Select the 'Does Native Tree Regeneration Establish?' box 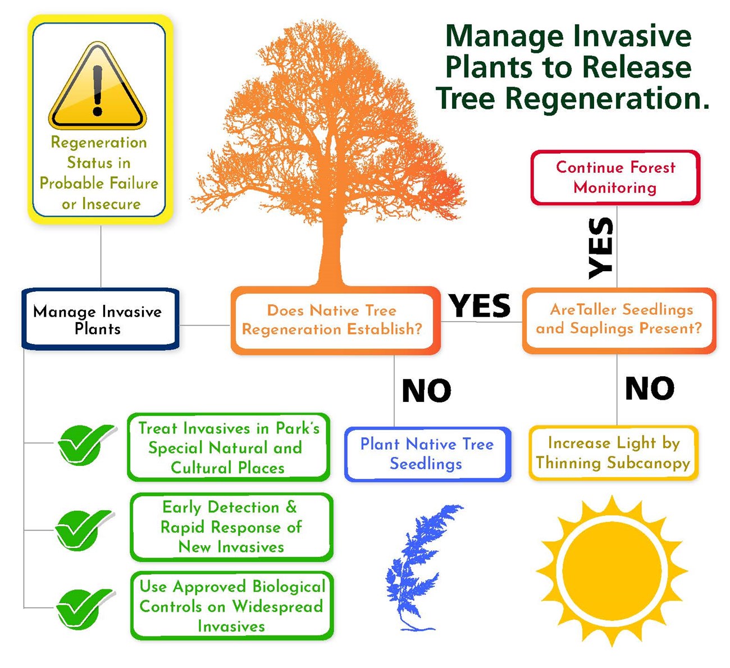[x=335, y=320]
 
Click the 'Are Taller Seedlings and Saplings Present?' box [x=619, y=320]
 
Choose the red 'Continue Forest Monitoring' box [x=615, y=177]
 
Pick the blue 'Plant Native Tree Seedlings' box [x=427, y=454]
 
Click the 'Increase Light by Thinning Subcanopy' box [x=613, y=453]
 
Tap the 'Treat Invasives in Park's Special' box [x=228, y=447]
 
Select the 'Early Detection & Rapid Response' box [x=231, y=527]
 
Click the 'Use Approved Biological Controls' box [x=231, y=606]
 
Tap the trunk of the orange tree [x=331, y=253]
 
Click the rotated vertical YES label [x=600, y=248]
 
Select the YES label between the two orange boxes [x=480, y=306]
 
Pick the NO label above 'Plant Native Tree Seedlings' [x=427, y=391]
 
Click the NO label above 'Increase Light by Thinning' [x=650, y=388]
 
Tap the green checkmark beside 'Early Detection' [x=84, y=529]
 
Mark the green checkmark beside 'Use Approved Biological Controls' [x=84, y=608]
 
